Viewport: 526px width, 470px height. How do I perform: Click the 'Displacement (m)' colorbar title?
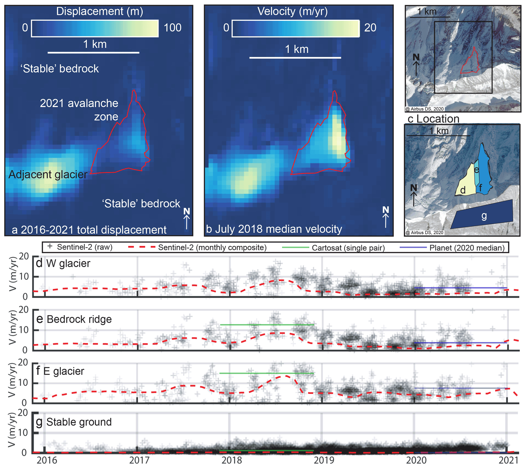click(x=99, y=11)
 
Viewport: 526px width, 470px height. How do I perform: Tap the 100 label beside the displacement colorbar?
click(x=173, y=28)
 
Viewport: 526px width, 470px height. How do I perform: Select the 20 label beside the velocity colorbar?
click(x=370, y=28)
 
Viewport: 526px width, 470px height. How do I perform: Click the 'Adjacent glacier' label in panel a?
click(x=48, y=175)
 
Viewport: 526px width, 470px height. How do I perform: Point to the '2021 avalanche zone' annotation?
click(x=79, y=110)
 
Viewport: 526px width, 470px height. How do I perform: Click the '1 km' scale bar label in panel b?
click(x=296, y=49)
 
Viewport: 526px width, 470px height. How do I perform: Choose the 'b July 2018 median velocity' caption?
click(x=274, y=229)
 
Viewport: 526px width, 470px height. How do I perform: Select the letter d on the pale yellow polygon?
click(x=463, y=190)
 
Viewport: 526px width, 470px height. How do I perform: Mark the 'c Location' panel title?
click(x=433, y=119)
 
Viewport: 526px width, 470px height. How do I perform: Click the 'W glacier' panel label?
click(x=68, y=264)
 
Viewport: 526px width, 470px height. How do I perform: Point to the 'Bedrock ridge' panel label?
click(x=79, y=320)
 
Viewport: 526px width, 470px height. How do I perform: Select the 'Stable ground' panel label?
click(x=79, y=422)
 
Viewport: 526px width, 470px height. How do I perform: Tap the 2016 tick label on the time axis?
click(x=47, y=460)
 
